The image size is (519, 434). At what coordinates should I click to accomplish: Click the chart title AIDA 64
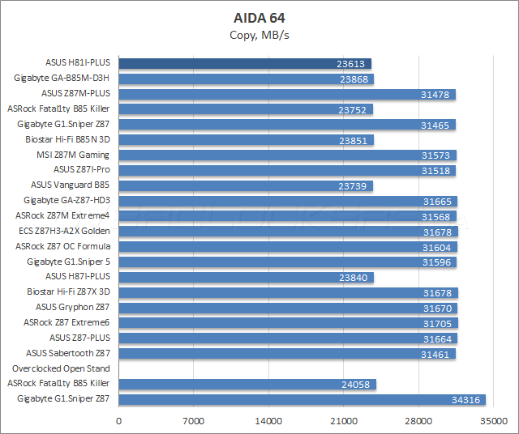[259, 17]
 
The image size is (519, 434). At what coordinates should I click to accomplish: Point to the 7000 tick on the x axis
[194, 422]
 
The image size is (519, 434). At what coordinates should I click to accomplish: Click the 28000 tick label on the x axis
[418, 422]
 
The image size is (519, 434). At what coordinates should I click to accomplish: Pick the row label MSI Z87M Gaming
[79, 155]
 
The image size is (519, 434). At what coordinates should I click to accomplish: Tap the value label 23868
[354, 79]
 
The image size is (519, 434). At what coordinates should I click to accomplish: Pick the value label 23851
[354, 139]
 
